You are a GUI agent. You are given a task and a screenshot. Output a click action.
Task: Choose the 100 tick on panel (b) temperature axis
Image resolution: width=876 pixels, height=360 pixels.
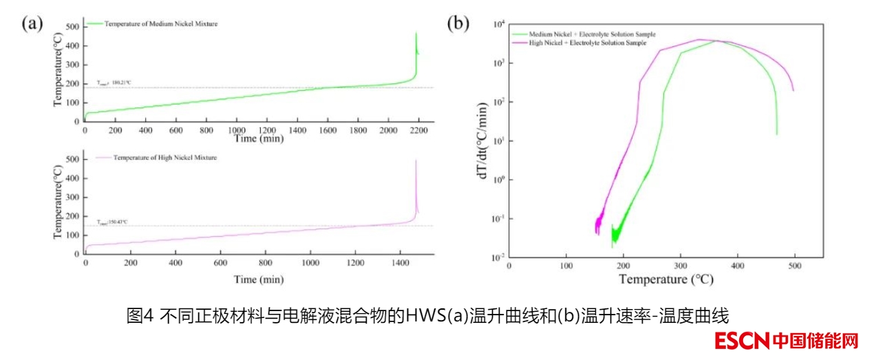(x=566, y=266)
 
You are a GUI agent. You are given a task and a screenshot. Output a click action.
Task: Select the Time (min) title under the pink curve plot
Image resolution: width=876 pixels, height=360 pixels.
(x=258, y=279)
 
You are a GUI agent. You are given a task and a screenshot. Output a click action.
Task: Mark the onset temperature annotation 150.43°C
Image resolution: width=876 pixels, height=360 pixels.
(x=113, y=222)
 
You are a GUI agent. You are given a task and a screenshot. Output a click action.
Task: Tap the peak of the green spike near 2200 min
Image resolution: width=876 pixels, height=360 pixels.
(x=416, y=33)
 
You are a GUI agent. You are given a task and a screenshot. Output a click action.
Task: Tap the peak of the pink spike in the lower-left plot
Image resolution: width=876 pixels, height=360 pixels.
(x=416, y=161)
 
